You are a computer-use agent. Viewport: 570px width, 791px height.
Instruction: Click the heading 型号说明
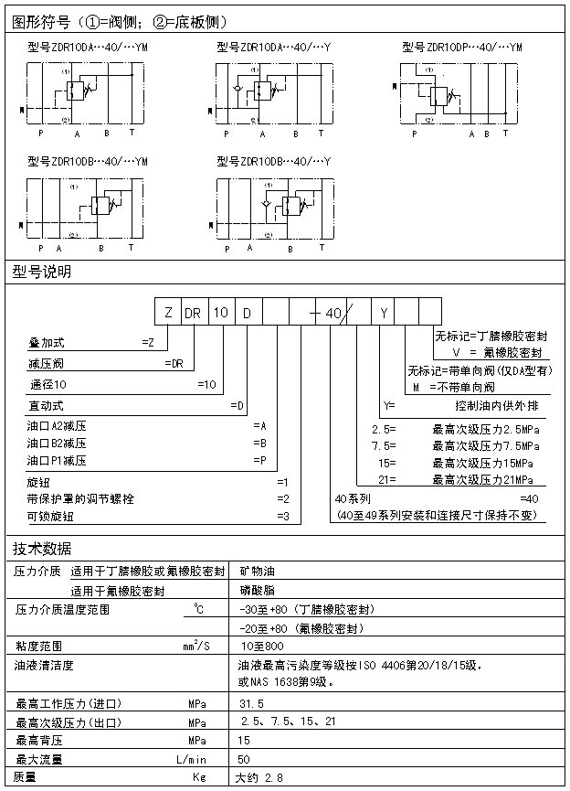pos(41,272)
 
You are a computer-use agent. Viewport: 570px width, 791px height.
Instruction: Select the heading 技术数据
pos(41,549)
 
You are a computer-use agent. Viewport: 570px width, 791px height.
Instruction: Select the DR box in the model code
pos(194,313)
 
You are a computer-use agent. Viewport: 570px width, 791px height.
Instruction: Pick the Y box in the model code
pos(384,313)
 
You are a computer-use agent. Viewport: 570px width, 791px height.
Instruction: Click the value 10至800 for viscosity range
pos(259,646)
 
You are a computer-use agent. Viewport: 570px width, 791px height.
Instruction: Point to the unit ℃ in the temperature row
pos(198,608)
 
